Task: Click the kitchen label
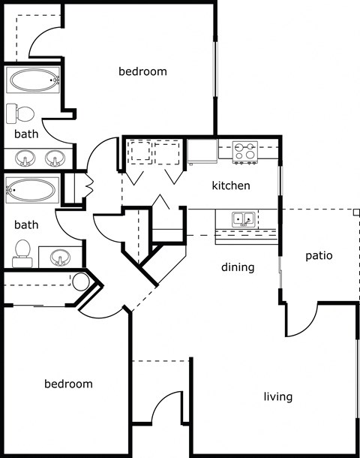pos(231,185)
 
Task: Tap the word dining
pos(238,267)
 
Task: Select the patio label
pos(319,256)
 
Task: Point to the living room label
pos(277,396)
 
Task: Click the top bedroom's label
pos(142,72)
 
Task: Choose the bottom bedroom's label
pos(68,384)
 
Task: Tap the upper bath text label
pos(26,134)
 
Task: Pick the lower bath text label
pos(26,224)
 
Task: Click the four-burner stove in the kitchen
pos(245,152)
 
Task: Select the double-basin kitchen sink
pos(242,220)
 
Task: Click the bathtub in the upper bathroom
pos(33,80)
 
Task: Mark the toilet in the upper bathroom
pos(21,114)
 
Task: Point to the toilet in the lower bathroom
pos(22,254)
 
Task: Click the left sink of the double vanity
pos(25,159)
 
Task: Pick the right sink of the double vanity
pos(54,159)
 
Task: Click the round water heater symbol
pos(81,282)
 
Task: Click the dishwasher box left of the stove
pos(202,152)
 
